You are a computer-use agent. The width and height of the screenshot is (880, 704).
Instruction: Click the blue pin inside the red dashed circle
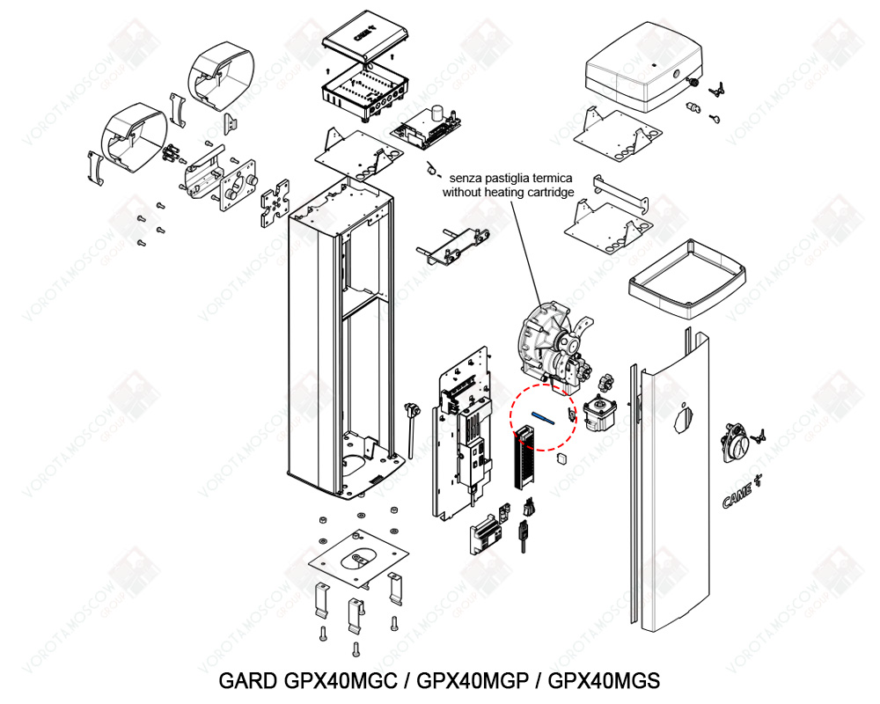pyautogui.click(x=543, y=418)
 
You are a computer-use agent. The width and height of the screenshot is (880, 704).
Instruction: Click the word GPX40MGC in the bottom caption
pyautogui.click(x=341, y=680)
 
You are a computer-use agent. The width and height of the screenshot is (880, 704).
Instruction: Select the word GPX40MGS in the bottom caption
pyautogui.click(x=604, y=680)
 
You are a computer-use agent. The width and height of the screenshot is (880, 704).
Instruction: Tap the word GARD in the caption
pyautogui.click(x=247, y=680)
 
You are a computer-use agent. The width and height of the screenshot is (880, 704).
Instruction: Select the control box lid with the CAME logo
pyautogui.click(x=366, y=36)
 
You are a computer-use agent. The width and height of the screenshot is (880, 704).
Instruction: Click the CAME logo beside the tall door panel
pyautogui.click(x=741, y=492)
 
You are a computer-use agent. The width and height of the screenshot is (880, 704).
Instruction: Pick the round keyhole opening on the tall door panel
pyautogui.click(x=684, y=420)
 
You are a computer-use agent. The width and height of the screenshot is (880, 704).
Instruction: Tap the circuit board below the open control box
pyautogui.click(x=427, y=128)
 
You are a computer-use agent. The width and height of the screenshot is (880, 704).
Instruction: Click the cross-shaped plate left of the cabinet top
pyautogui.click(x=275, y=202)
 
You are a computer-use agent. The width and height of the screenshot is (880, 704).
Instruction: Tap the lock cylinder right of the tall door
pyautogui.click(x=735, y=442)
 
